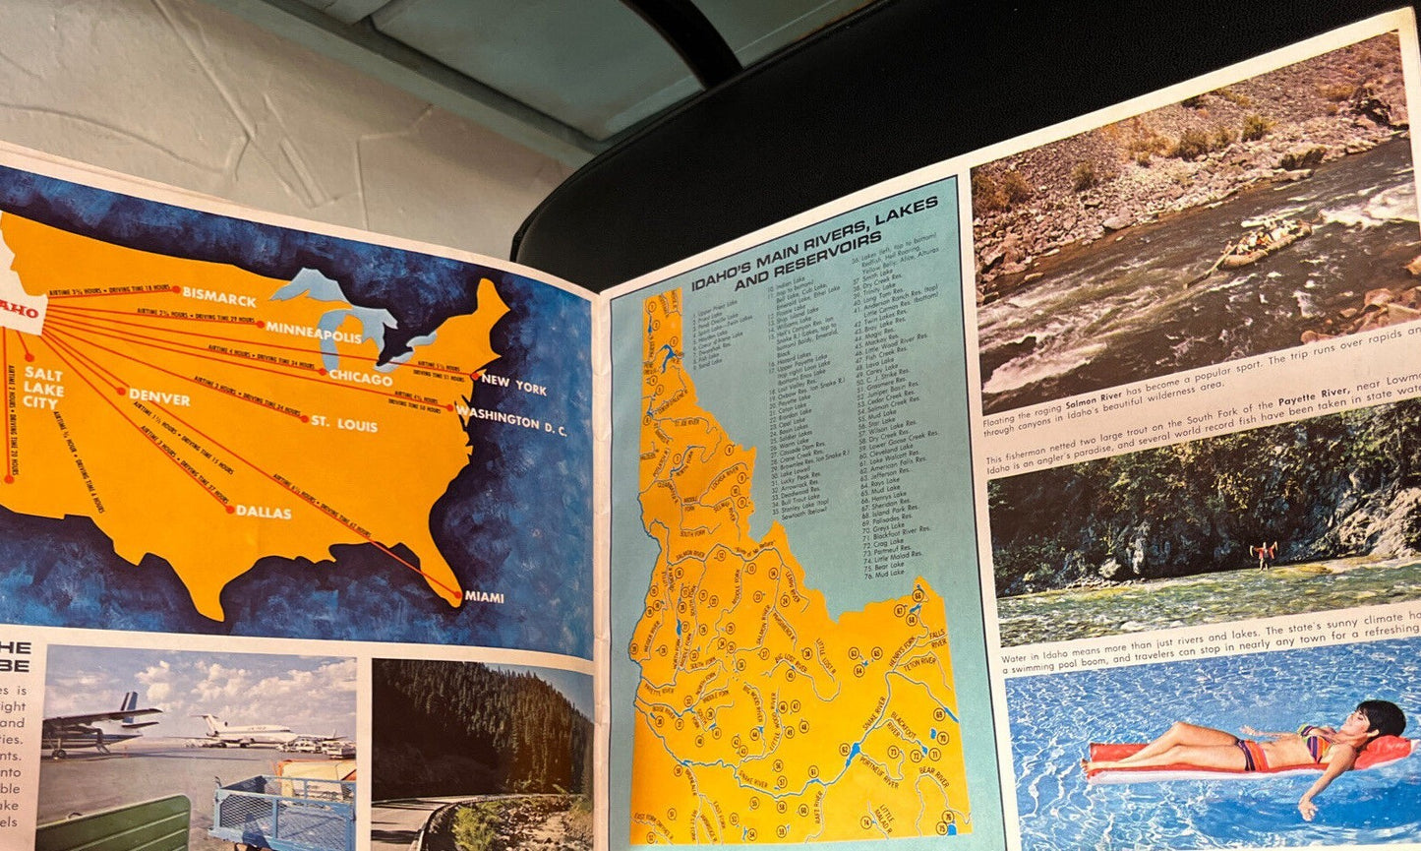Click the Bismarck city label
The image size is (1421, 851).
point(219,298)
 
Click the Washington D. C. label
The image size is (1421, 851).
point(511,418)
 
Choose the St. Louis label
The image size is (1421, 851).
point(343,424)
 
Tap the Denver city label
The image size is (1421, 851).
point(159,397)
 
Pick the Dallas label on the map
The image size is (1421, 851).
point(264,512)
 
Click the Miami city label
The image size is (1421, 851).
point(484,597)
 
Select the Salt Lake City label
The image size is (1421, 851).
point(42,388)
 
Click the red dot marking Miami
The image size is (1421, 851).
point(458,595)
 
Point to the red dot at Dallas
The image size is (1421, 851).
point(230,509)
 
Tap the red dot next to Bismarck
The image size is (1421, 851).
point(175,290)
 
